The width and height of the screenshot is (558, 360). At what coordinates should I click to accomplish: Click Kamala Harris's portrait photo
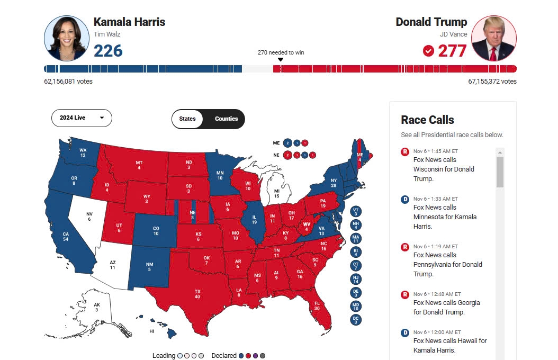point(66,39)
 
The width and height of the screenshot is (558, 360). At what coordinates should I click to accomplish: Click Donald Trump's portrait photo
point(493,39)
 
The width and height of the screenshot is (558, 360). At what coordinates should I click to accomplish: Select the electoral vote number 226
point(108,51)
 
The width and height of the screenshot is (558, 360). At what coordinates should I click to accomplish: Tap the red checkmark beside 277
point(428,51)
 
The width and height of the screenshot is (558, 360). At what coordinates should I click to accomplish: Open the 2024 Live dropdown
point(82,118)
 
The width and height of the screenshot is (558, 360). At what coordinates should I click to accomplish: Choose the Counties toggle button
point(226,119)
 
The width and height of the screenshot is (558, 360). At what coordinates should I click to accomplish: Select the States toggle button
point(187,119)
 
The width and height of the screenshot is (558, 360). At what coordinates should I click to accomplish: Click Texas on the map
point(197,294)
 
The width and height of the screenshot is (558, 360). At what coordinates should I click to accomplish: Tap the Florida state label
point(317,305)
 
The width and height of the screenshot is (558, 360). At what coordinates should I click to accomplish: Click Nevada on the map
point(89,217)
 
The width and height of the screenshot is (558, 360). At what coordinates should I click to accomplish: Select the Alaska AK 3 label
point(97,307)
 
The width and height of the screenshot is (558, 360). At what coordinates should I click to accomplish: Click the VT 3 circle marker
point(356,212)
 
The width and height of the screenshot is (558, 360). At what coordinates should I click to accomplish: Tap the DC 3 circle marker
point(356,320)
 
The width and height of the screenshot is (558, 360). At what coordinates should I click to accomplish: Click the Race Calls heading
point(427,120)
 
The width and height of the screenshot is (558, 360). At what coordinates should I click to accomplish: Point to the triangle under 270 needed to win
point(281,59)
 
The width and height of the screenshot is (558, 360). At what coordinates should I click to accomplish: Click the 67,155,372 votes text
point(492,82)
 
